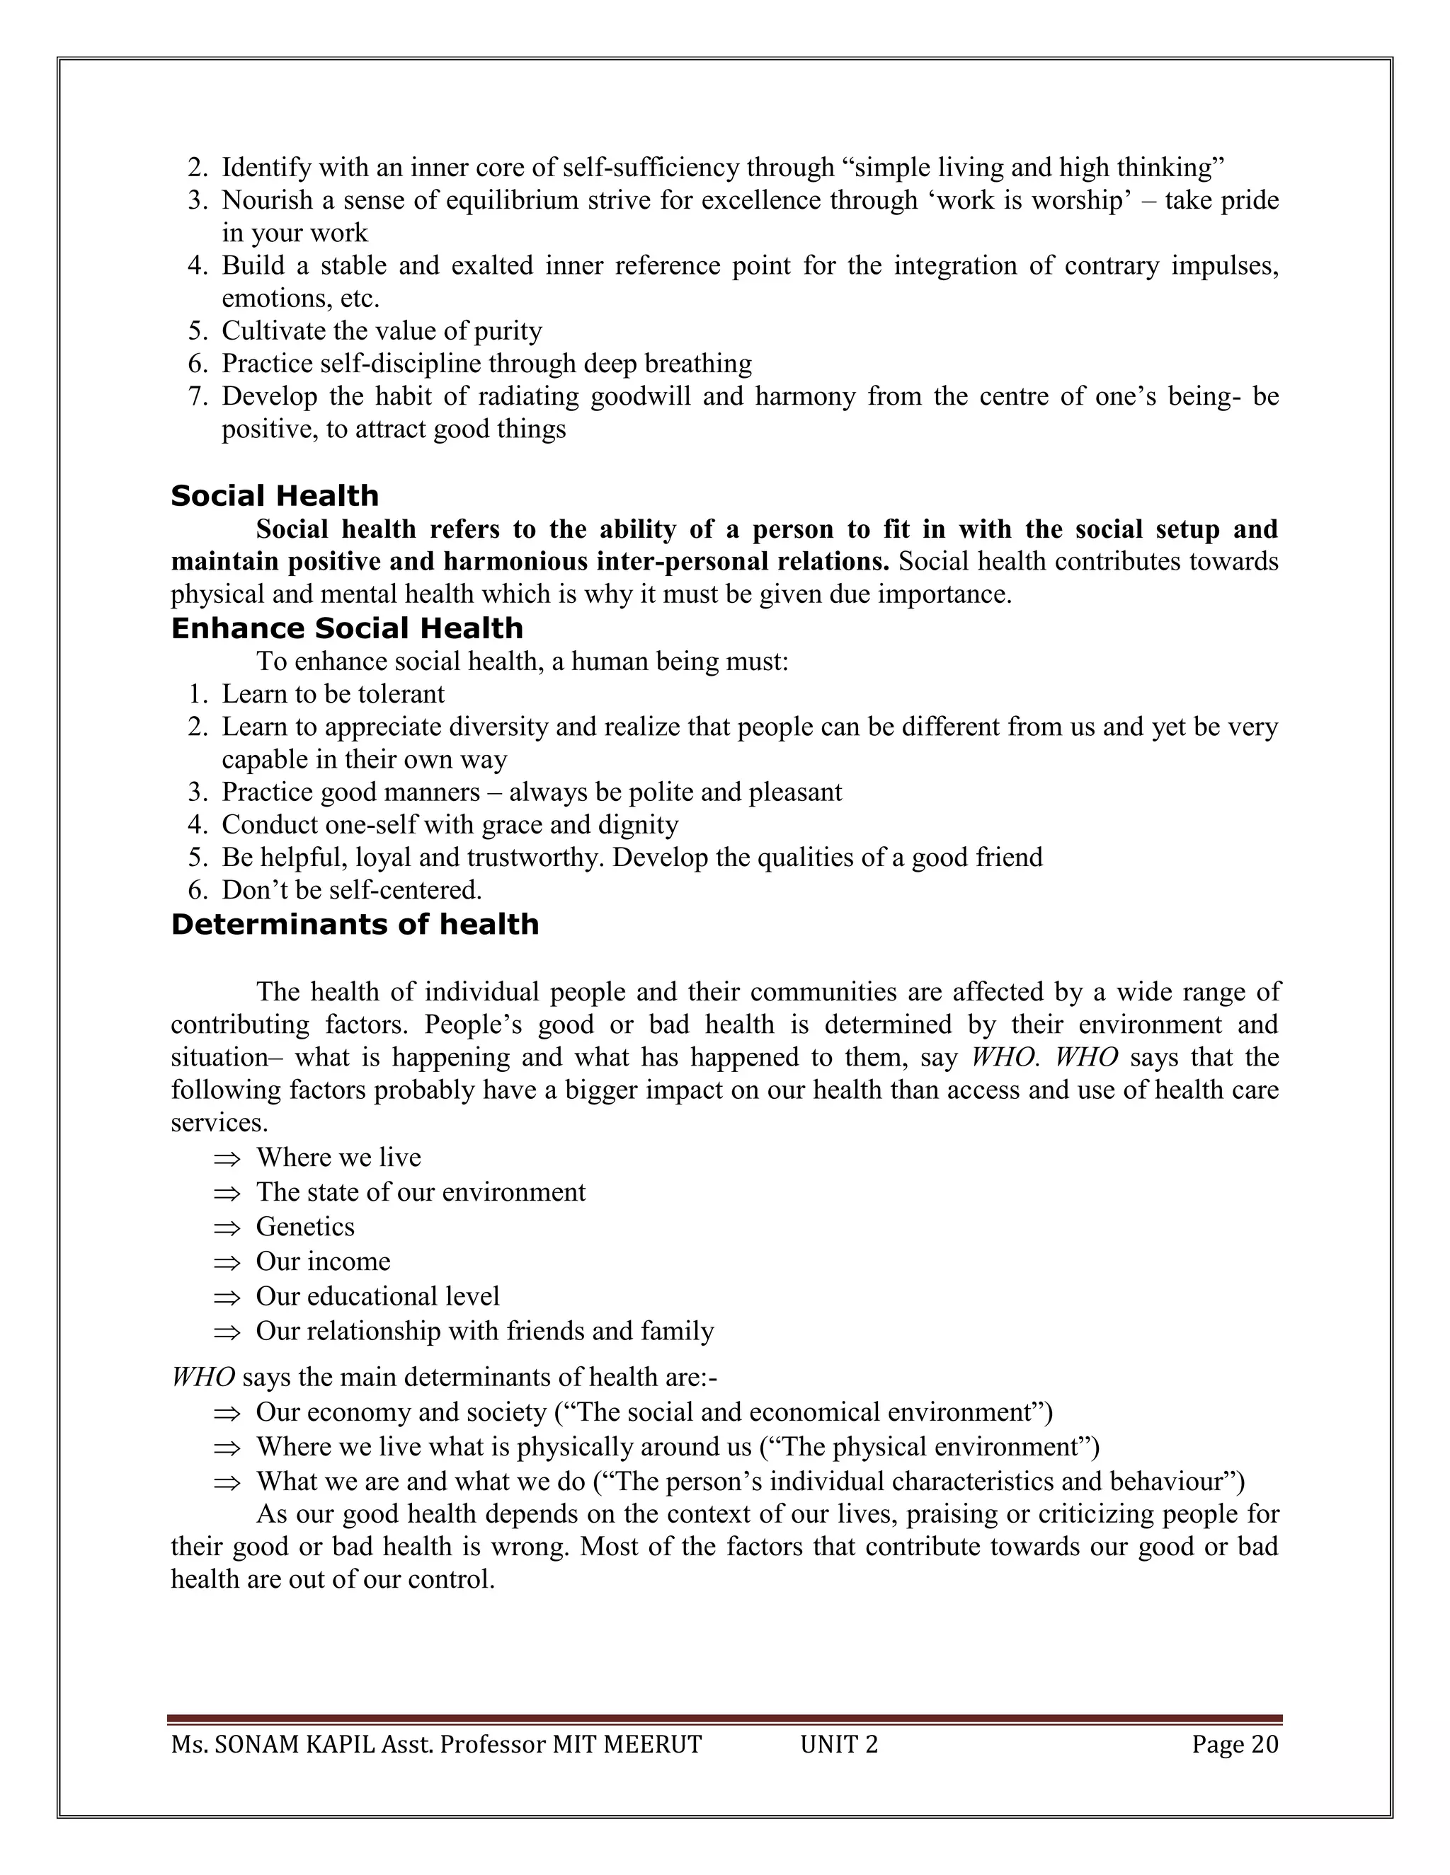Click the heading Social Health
(x=275, y=496)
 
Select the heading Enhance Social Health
(x=347, y=628)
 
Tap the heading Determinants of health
(x=355, y=925)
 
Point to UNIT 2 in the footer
(x=838, y=1745)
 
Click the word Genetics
(x=305, y=1227)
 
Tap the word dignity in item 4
(x=641, y=825)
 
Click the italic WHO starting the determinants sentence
(x=202, y=1377)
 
